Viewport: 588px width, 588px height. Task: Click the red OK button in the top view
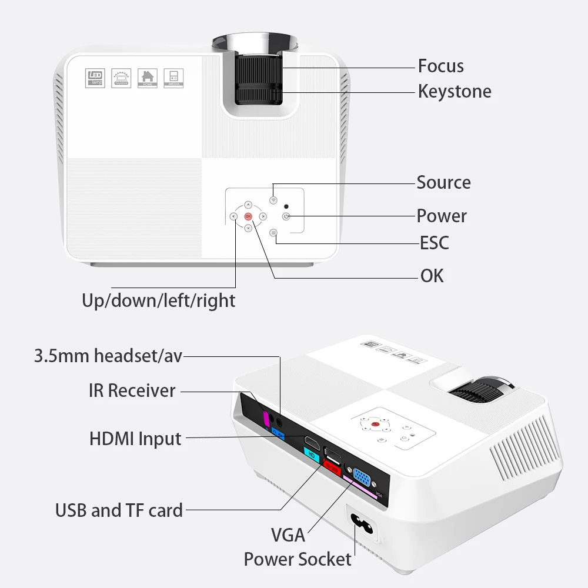click(248, 216)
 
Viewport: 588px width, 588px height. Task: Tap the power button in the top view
click(286, 216)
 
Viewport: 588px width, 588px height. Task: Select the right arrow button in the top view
click(263, 216)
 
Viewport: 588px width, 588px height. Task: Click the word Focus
click(440, 66)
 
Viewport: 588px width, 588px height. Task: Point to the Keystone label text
click(455, 91)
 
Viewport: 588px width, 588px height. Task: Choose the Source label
click(443, 182)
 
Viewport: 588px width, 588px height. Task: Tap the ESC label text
click(434, 242)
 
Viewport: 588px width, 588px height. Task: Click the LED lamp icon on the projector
click(95, 79)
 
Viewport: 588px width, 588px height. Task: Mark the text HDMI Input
click(135, 439)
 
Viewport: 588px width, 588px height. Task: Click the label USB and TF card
click(119, 510)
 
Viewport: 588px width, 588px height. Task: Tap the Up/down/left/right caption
click(158, 300)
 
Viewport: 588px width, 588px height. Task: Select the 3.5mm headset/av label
click(108, 356)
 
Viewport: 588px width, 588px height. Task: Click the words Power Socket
click(298, 559)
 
